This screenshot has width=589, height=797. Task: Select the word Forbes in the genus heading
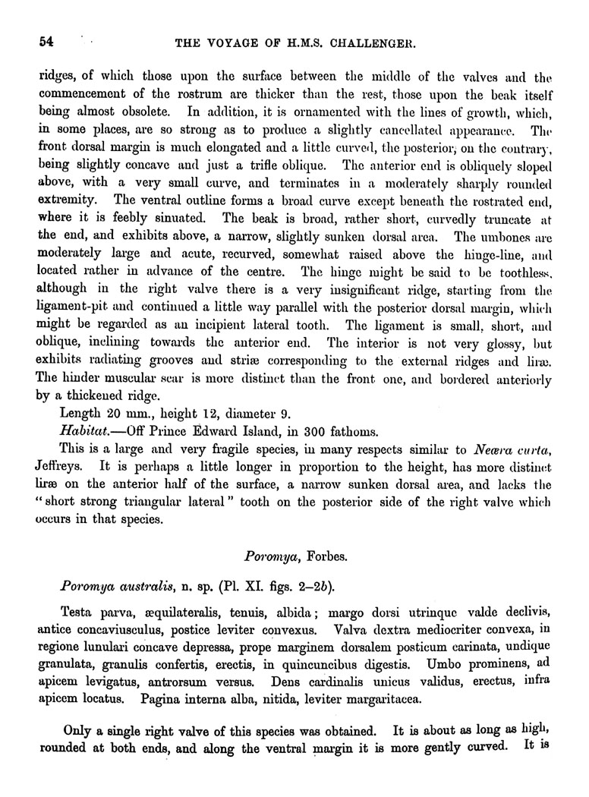point(329,556)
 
